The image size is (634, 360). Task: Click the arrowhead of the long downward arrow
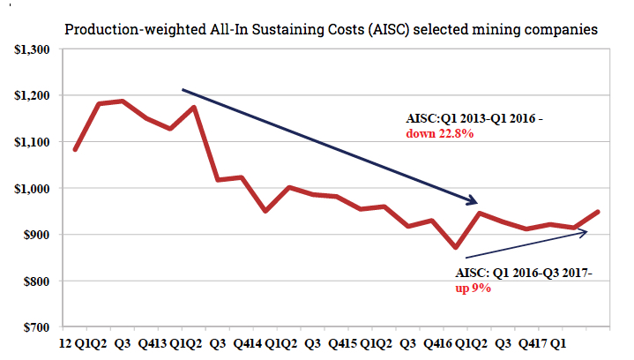(x=474, y=200)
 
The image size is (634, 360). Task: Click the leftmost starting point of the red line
(x=76, y=149)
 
